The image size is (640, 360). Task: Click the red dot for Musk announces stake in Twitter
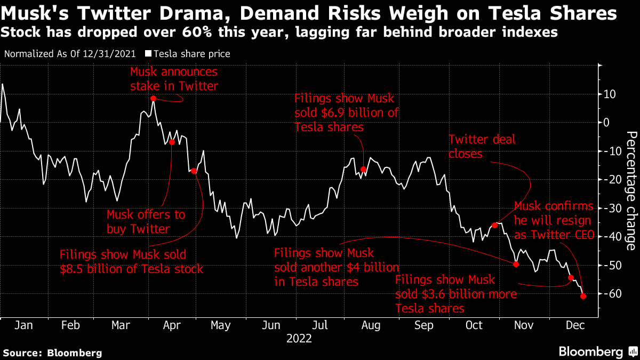click(153, 99)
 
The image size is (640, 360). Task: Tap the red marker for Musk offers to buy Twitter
click(172, 142)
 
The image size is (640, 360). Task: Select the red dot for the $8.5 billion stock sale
click(194, 171)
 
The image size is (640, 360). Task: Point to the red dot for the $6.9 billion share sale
click(363, 170)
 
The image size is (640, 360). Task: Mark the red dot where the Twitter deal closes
click(494, 225)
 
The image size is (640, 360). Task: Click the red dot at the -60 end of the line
click(583, 296)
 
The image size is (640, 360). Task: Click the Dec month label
click(573, 325)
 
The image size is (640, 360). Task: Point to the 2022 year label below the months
click(299, 338)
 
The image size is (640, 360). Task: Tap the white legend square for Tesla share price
click(149, 54)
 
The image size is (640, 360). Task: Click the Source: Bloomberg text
click(52, 353)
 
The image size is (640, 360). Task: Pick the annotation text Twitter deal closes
click(482, 147)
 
